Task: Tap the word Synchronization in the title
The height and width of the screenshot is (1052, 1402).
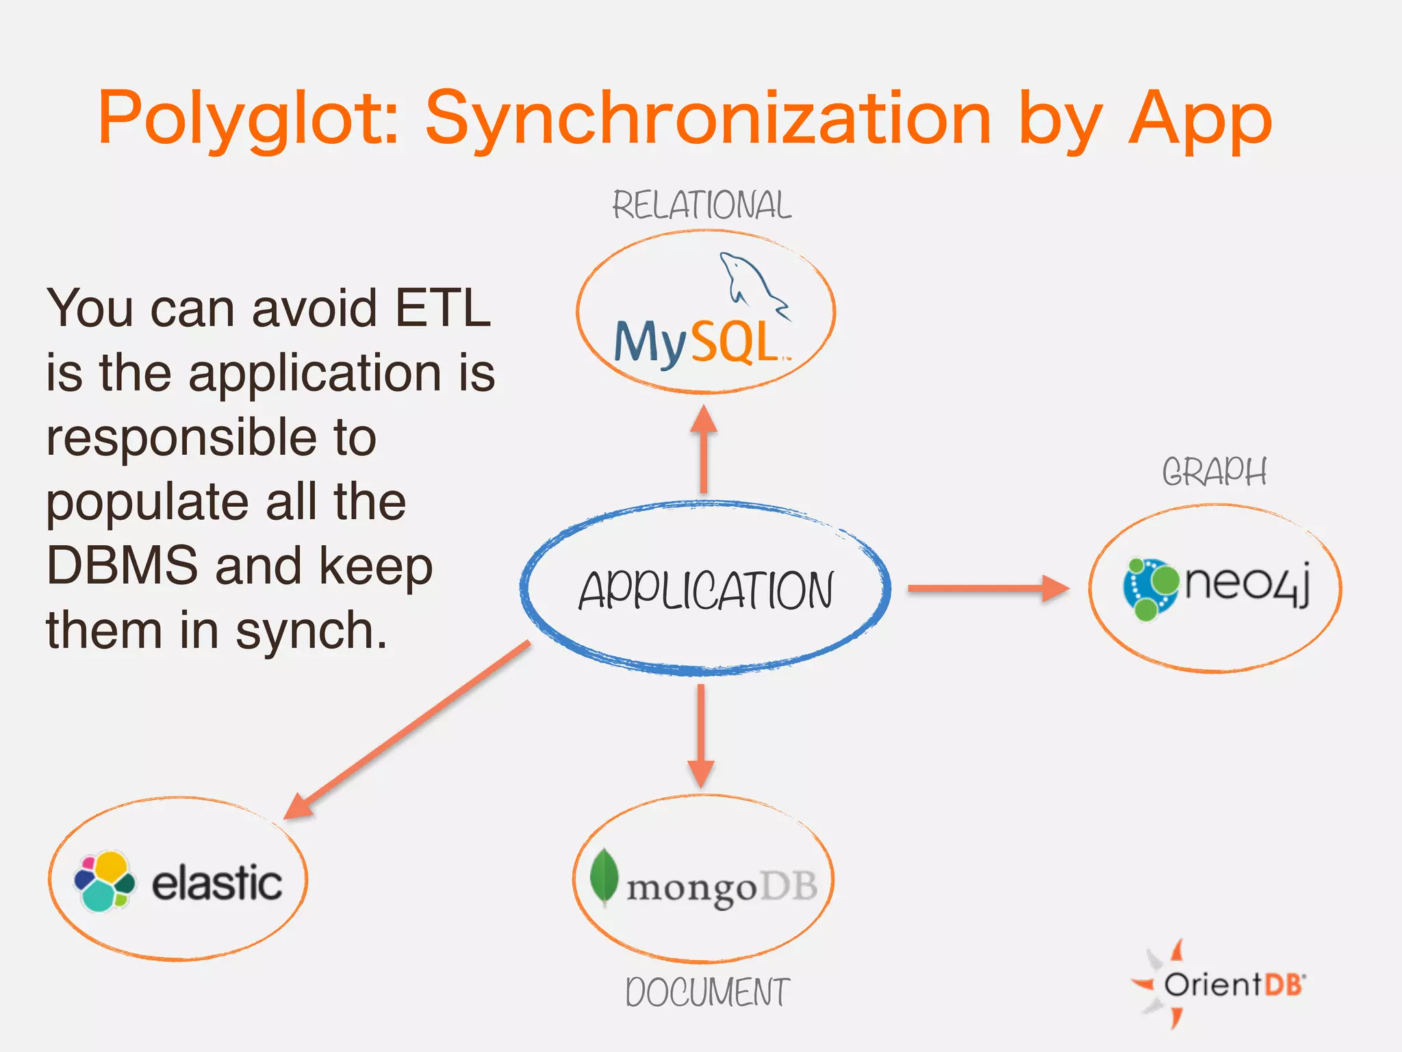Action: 708,120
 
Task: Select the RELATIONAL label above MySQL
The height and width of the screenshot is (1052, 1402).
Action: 702,205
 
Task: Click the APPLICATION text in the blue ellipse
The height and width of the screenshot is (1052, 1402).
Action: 706,590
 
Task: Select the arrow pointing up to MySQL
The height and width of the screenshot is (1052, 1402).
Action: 704,449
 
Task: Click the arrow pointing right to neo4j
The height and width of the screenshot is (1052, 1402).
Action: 986,588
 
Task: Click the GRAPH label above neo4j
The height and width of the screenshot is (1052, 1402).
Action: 1214,473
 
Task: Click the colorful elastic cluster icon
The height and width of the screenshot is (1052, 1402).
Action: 104,881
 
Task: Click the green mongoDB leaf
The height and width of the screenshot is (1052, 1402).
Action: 604,877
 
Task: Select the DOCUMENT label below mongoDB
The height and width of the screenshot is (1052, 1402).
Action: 707,992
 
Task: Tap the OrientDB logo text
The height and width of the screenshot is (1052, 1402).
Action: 1232,985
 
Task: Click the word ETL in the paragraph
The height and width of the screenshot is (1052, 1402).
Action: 443,308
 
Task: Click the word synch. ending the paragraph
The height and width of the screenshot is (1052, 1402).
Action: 311,631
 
